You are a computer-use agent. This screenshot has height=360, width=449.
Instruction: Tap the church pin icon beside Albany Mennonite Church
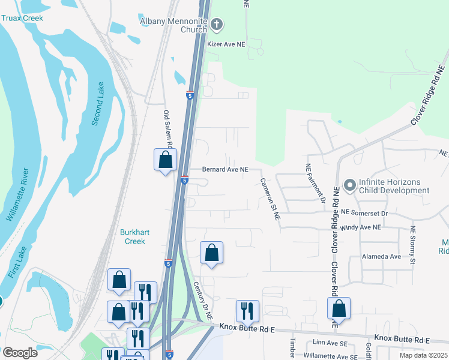[217, 25]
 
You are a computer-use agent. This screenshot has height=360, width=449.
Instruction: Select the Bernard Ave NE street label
[225, 170]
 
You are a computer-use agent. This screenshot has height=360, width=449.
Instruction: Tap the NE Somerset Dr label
[364, 212]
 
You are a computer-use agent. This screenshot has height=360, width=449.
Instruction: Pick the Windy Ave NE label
[360, 227]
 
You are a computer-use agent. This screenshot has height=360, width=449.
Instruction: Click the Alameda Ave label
[381, 256]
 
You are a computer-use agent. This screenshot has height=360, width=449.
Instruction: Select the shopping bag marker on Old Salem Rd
[166, 160]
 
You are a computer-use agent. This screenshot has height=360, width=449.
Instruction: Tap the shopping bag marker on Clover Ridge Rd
[339, 309]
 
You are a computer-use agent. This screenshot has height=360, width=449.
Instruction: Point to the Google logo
[20, 353]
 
